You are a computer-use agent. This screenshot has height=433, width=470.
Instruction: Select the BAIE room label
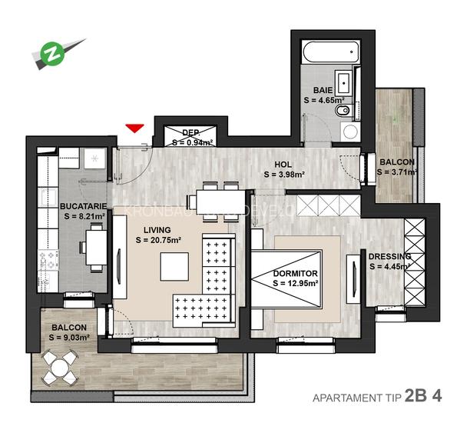pos(323,90)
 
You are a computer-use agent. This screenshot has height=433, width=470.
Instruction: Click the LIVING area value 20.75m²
pos(158,240)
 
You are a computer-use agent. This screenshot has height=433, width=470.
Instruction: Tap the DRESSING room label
pos(389,256)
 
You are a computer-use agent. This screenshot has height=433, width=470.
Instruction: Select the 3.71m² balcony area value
pos(396,172)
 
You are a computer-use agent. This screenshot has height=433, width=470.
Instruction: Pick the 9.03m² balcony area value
pos(70,337)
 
